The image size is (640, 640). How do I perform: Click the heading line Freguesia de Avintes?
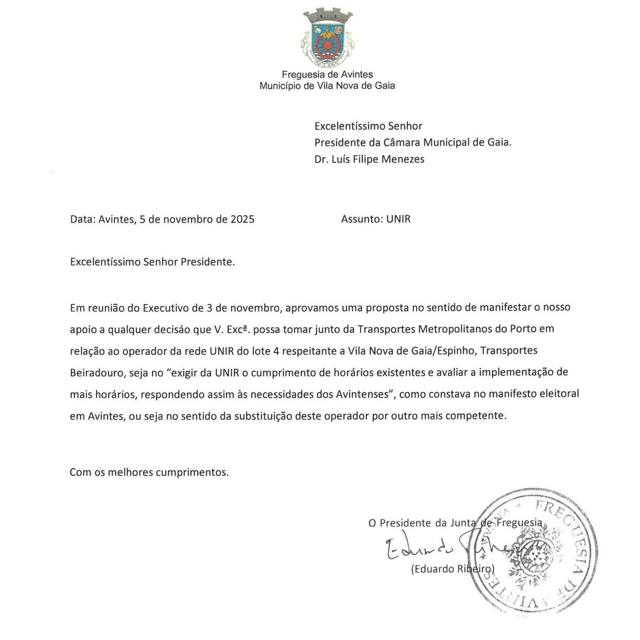click(x=327, y=75)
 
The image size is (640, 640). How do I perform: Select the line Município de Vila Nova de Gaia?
click(x=327, y=86)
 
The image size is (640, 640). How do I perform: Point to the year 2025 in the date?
click(x=242, y=219)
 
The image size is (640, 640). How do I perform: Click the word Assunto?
click(x=361, y=219)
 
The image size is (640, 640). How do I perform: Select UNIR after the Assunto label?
click(x=398, y=219)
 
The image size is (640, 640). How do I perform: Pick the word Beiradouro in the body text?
click(x=96, y=373)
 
